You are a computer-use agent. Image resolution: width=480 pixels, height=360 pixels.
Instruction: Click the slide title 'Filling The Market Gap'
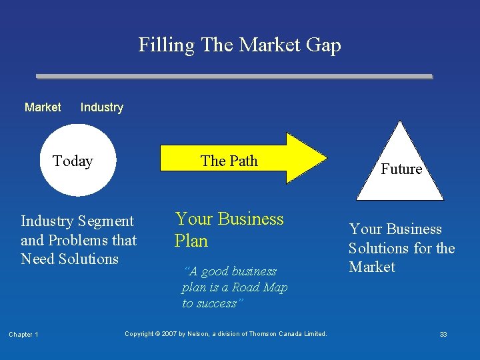pyautogui.click(x=239, y=45)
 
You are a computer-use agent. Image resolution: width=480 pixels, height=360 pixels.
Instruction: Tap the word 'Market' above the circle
pyautogui.click(x=43, y=107)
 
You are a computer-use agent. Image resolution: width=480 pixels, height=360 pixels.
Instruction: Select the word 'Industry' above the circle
pyautogui.click(x=101, y=107)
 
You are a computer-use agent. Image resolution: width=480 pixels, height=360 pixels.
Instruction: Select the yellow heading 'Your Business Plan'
pyautogui.click(x=229, y=229)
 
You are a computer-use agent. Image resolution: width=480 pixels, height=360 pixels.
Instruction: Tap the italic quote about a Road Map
pyautogui.click(x=234, y=287)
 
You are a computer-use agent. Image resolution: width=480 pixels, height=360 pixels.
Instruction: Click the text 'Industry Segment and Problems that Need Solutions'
pyautogui.click(x=79, y=240)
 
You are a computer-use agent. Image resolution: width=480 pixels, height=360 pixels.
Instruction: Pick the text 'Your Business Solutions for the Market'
pyautogui.click(x=401, y=248)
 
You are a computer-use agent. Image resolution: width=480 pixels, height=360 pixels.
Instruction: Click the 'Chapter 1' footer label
pyautogui.click(x=23, y=335)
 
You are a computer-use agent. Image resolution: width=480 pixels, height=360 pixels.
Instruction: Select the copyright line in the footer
pyautogui.click(x=226, y=334)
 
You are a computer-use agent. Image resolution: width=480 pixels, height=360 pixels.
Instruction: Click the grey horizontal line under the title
pyautogui.click(x=233, y=77)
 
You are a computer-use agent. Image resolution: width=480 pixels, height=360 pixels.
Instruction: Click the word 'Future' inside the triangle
pyautogui.click(x=401, y=169)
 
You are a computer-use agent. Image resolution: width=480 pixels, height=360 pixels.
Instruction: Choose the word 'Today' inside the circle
pyautogui.click(x=73, y=161)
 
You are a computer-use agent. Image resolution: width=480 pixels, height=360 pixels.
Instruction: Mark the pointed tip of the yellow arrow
pyautogui.click(x=326, y=159)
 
